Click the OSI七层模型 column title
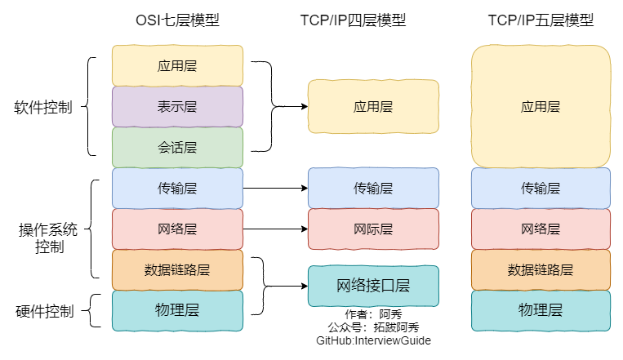point(177,20)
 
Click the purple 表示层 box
point(177,106)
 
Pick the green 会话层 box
point(177,147)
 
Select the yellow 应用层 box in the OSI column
point(177,65)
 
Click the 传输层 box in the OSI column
point(177,188)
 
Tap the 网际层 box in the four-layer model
point(373,229)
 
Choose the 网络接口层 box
point(373,286)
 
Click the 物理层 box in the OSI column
point(177,310)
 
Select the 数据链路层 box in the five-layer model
point(541,269)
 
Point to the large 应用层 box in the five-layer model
point(541,106)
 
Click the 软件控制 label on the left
point(42,107)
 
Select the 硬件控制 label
point(45,311)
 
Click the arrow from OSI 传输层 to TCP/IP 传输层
point(275,188)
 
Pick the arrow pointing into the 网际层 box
point(275,229)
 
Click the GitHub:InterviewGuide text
point(373,340)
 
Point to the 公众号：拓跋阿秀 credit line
point(373,327)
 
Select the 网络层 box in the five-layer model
point(541,229)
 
